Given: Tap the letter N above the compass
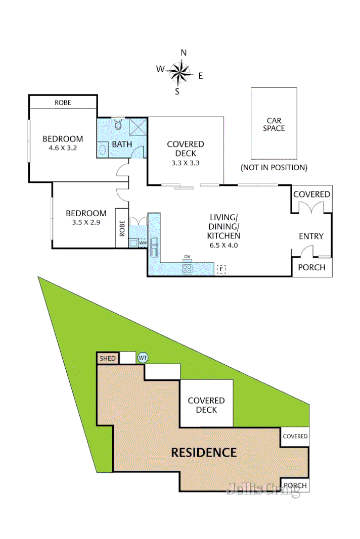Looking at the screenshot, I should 184,53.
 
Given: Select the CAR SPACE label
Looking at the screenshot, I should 274,124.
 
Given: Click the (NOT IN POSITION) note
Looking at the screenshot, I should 274,167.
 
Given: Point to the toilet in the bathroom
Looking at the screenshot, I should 119,125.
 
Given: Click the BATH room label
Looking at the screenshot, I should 122,144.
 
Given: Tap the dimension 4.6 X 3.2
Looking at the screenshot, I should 62,149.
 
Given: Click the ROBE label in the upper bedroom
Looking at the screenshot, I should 63,103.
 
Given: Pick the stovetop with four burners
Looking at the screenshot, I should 187,269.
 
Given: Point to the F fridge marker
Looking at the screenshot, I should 220,269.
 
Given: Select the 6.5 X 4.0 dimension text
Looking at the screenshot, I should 224,246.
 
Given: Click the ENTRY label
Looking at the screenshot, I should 311,236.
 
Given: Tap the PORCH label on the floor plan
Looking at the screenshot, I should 312,267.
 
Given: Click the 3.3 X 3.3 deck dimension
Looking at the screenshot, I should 186,163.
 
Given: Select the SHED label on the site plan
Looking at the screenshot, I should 107,359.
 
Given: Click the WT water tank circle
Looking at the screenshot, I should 143,358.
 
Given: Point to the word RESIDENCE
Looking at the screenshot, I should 204,453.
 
